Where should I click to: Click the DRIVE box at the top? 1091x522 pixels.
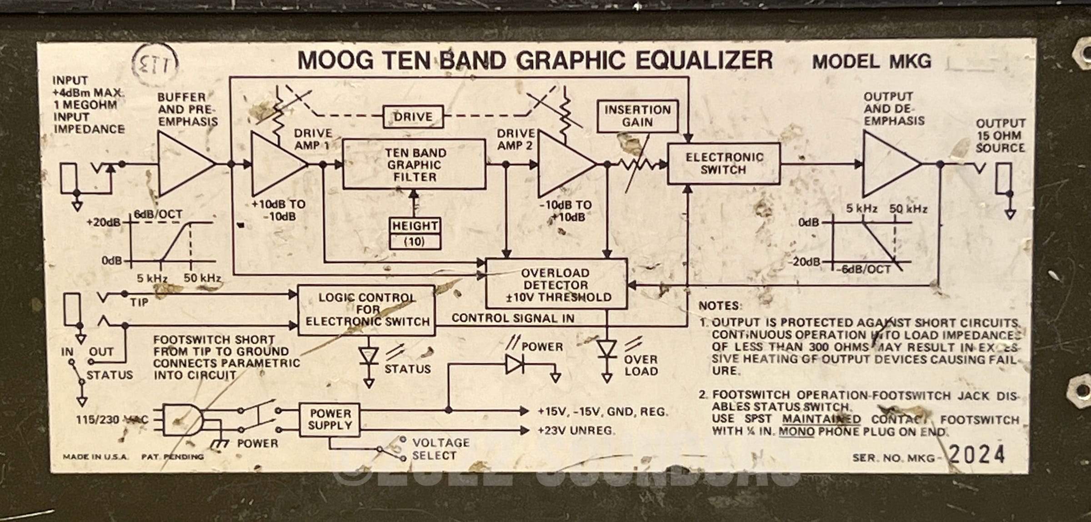coord(413,117)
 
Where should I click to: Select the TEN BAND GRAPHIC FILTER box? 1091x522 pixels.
coord(414,165)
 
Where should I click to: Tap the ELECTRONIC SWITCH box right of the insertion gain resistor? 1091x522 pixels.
coord(724,164)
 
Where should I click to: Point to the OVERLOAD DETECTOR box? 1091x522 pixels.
coord(556,285)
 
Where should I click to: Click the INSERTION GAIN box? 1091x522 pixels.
coord(637,116)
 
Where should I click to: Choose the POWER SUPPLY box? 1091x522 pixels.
coord(330,420)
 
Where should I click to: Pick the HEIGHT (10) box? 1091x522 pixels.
coord(415,233)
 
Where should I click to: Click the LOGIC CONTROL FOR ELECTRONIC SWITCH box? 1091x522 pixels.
coord(366,310)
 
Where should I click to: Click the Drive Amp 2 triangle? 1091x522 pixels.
coord(562,165)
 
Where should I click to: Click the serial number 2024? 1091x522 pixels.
coord(977,455)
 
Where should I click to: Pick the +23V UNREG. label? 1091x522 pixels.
coord(576,430)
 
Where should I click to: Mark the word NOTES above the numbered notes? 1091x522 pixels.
coord(720,306)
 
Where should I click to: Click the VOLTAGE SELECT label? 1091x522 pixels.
coord(440,449)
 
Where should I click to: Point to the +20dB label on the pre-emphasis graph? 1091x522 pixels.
coord(104,222)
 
